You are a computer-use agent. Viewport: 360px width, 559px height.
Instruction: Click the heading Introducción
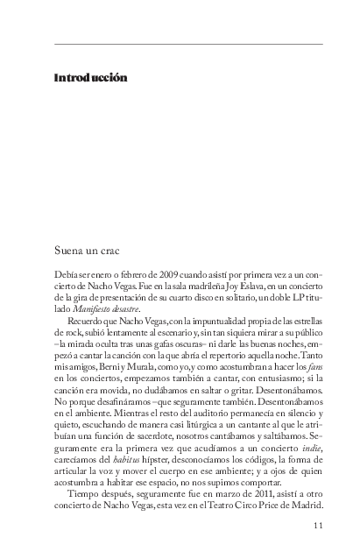90,78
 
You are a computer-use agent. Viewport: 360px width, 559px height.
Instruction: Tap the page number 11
317,526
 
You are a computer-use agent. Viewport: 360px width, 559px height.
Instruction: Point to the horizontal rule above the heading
188,44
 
